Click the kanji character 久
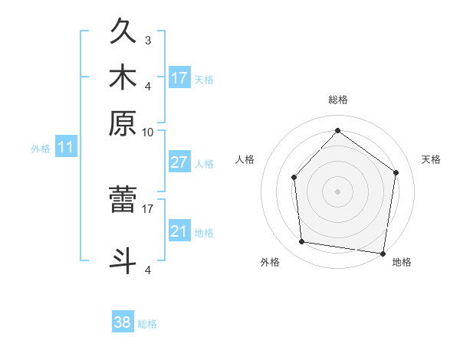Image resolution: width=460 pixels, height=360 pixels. (123, 32)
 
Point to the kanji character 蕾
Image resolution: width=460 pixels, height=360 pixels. (123, 201)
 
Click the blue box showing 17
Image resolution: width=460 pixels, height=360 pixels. (179, 77)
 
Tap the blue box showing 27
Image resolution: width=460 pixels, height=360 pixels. (179, 162)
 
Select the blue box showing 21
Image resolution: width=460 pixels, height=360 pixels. (179, 231)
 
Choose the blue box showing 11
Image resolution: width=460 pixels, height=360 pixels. (65, 147)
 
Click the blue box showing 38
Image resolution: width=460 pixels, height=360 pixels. (123, 322)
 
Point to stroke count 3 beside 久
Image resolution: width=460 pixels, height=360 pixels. (148, 40)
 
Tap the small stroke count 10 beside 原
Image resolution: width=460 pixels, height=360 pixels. (148, 132)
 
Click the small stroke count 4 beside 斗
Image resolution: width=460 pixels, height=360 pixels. (148, 270)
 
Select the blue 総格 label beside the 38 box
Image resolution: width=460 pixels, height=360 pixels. (147, 324)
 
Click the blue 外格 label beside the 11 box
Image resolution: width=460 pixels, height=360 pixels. (41, 149)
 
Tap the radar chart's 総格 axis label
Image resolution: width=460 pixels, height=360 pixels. (338, 100)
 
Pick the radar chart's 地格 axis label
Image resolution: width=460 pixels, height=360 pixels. (402, 263)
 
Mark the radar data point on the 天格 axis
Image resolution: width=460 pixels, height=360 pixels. (396, 173)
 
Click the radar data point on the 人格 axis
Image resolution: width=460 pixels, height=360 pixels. (294, 178)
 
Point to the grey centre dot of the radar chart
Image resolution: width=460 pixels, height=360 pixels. (337, 191)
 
